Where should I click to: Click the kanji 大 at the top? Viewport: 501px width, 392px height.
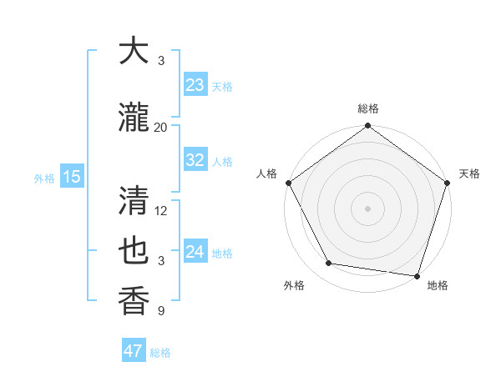coord(134,51)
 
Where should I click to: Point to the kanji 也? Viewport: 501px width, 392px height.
coord(134,252)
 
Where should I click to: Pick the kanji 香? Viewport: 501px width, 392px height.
coord(134,300)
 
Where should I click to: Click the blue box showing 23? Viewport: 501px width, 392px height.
coord(195,84)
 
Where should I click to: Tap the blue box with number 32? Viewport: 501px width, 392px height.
coord(195,160)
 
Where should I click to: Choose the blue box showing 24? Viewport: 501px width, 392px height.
coord(195,252)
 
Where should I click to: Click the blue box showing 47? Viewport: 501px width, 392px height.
coord(134,351)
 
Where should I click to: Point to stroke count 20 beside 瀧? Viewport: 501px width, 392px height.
coord(161,127)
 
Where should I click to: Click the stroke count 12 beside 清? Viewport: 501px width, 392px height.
coord(161,210)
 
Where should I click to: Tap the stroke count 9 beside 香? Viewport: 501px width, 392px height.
coord(161,311)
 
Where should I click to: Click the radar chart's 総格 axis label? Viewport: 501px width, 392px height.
coord(367,109)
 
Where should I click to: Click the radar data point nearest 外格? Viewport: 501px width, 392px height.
coord(329,264)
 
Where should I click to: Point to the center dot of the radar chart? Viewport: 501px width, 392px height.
coord(367,208)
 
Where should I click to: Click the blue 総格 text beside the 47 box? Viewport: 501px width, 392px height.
coord(160,353)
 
